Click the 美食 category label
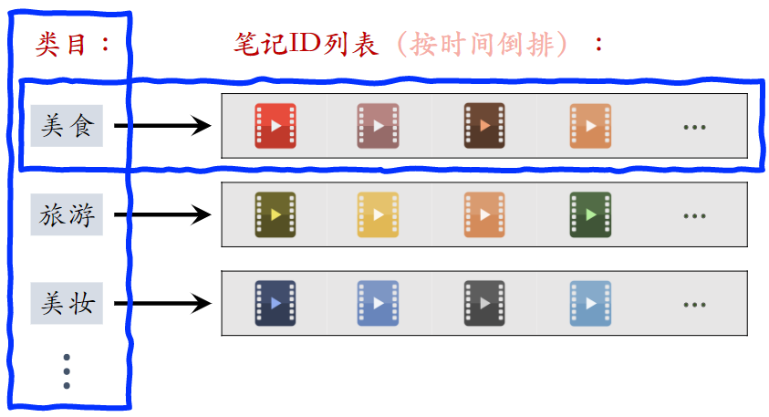pyautogui.click(x=67, y=126)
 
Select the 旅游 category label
pyautogui.click(x=67, y=214)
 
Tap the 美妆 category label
pyautogui.click(x=67, y=303)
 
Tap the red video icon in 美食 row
pyautogui.click(x=275, y=126)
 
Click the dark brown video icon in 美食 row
pyautogui.click(x=484, y=126)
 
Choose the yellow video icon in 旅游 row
pyautogui.click(x=379, y=214)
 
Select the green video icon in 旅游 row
pyautogui.click(x=589, y=214)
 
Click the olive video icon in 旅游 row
pyautogui.click(x=275, y=214)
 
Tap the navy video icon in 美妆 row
pyautogui.click(x=275, y=303)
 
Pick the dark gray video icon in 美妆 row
pyautogui.click(x=484, y=303)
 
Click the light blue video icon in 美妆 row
pyautogui.click(x=589, y=303)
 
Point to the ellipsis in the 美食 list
pyautogui.click(x=694, y=127)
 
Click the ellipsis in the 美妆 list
pyautogui.click(x=694, y=304)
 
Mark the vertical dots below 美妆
pyautogui.click(x=67, y=370)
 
